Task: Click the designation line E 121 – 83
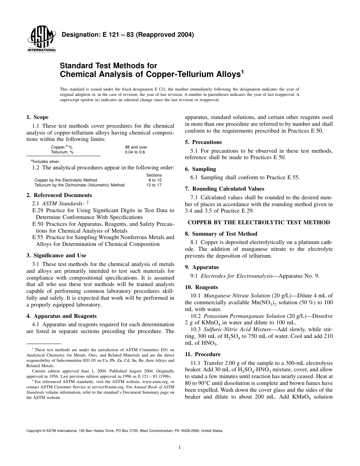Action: pos(128,35)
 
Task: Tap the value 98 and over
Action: pos(136,147)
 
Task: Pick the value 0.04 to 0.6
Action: pos(135,152)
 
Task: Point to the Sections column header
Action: pos(154,175)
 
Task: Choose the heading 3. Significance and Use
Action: pos(56,255)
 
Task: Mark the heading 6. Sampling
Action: pos(200,169)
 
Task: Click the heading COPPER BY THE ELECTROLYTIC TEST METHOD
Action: pos(259,222)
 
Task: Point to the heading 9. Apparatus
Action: pos(202,267)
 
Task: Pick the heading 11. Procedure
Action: pos(202,354)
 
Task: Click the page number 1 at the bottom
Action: pos(180,447)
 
